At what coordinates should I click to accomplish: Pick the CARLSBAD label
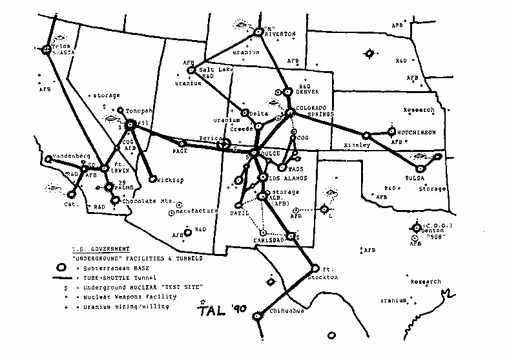(x=266, y=240)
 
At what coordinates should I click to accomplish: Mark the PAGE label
(x=179, y=151)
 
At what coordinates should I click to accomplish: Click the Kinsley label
(x=358, y=145)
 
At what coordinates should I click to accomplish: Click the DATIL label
(x=240, y=212)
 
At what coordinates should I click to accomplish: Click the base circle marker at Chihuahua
(x=257, y=315)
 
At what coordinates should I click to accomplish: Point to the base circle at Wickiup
(x=152, y=178)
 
